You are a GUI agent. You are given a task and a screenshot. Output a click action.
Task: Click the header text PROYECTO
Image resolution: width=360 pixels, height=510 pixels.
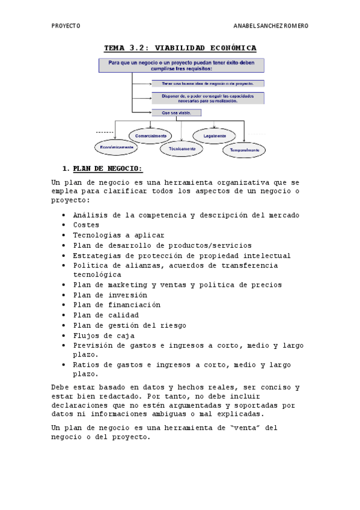pos(66,26)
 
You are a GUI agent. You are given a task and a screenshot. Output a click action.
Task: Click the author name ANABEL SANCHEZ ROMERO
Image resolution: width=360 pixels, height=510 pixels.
pos(270,26)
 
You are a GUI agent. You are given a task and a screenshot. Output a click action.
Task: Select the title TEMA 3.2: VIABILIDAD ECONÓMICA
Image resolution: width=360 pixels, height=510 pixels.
pos(180,48)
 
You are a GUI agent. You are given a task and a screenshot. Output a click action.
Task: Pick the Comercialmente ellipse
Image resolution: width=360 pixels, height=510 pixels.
pos(151,136)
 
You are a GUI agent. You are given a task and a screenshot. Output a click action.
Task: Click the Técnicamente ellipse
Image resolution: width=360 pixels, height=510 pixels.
pos(182,149)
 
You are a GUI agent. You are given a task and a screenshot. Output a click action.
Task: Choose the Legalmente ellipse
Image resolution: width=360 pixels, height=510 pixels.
pos(215,136)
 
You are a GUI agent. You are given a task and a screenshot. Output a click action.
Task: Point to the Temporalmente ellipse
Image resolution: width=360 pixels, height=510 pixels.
pos(244,150)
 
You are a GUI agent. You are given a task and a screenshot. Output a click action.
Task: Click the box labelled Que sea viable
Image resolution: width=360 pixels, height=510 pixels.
pos(176,112)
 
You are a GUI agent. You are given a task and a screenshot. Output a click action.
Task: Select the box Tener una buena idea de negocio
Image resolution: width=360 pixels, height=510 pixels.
pos(207,84)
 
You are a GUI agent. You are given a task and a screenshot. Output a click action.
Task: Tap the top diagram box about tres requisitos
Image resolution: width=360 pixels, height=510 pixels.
pos(181,65)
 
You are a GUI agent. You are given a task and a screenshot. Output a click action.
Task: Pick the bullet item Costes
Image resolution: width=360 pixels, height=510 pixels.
pos(87,225)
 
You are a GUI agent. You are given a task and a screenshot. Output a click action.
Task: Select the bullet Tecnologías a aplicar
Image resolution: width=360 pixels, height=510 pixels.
pos(118,235)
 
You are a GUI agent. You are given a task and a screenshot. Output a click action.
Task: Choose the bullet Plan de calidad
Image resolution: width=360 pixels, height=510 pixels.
pos(106,315)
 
